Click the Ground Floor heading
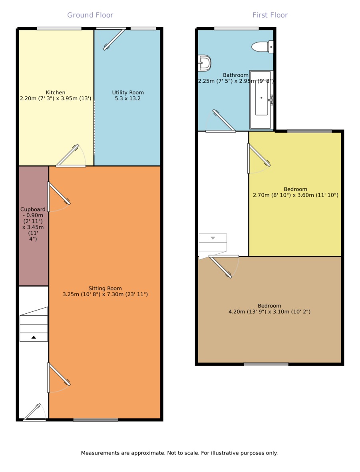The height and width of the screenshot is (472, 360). [x=90, y=15]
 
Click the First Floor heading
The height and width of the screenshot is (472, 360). [x=270, y=15]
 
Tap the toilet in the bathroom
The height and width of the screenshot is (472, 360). [x=263, y=47]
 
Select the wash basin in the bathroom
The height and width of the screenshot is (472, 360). [x=205, y=63]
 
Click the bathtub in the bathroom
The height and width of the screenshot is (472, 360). [x=261, y=100]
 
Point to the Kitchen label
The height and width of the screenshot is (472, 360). [x=56, y=92]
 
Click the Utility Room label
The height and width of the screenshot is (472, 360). [x=128, y=92]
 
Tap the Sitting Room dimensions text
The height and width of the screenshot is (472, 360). [x=105, y=295]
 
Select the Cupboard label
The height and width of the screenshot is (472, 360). [x=33, y=209]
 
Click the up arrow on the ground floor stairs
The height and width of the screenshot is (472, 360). [x=34, y=337]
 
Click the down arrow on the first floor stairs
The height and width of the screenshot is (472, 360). [x=213, y=238]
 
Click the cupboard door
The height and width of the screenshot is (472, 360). [x=59, y=197]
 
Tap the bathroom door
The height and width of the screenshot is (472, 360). [x=220, y=121]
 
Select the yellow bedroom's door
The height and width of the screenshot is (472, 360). [x=259, y=158]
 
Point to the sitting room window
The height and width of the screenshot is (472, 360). [x=95, y=420]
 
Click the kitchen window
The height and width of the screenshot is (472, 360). [x=59, y=29]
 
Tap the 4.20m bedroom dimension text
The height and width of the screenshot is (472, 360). [x=269, y=312]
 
